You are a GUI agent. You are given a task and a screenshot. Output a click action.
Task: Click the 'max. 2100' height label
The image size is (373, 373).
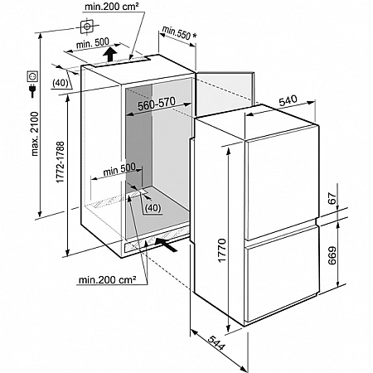(x=35, y=133)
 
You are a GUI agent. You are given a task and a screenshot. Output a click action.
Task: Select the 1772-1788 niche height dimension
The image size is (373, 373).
(x=61, y=162)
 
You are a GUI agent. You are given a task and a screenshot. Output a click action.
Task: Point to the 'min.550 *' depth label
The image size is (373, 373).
(x=179, y=33)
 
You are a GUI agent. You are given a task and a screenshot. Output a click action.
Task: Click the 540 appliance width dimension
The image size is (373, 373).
(x=288, y=100)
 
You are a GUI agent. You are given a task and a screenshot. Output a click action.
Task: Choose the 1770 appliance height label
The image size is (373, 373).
(x=222, y=250)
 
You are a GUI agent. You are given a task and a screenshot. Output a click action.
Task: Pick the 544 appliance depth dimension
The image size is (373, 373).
(x=216, y=342)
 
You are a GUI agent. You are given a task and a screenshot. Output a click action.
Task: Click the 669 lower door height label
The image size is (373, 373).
(x=332, y=255)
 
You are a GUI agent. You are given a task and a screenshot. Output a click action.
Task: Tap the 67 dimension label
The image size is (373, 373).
(x=332, y=198)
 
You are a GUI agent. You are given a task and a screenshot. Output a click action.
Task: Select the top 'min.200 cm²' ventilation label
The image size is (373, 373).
(x=112, y=7)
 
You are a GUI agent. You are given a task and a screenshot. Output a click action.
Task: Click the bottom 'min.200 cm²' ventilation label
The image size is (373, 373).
(x=107, y=279)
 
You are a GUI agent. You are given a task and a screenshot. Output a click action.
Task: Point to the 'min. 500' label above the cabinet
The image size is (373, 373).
(x=93, y=43)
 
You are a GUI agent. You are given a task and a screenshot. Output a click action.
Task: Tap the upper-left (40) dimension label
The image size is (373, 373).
(x=61, y=83)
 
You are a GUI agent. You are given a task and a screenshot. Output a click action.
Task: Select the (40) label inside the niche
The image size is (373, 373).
(x=153, y=208)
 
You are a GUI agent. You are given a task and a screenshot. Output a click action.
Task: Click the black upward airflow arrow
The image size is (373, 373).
(x=109, y=54)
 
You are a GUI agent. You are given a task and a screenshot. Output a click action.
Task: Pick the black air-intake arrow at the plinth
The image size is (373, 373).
(x=166, y=245)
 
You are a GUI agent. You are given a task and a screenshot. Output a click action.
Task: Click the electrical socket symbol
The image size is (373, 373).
(x=32, y=76)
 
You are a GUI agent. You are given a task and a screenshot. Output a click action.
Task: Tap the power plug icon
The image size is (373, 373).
(x=32, y=90)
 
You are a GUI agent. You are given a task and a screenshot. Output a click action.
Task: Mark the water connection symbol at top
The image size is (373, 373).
(x=87, y=27)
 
